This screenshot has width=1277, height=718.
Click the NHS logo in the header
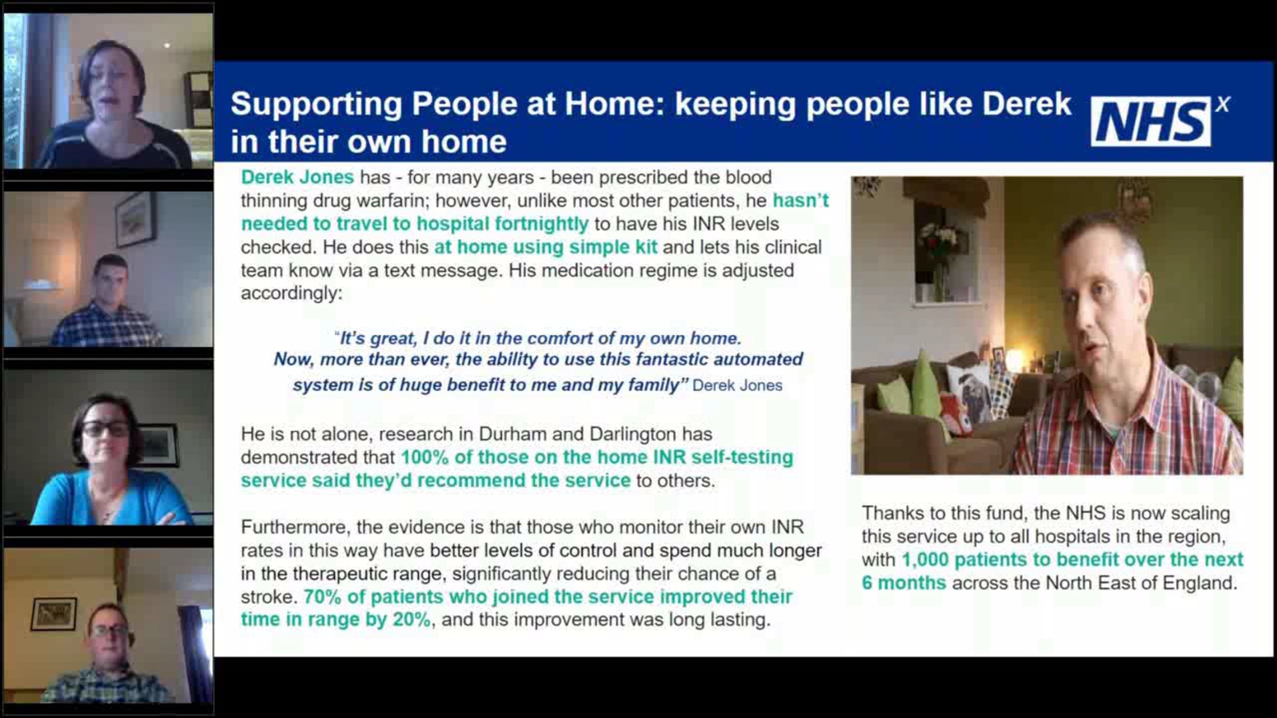(x=1160, y=121)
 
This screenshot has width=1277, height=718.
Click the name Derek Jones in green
(x=297, y=177)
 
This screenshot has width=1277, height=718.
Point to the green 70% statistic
(x=322, y=597)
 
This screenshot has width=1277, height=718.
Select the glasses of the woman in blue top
(x=105, y=429)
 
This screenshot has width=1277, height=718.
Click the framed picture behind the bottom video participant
(x=53, y=614)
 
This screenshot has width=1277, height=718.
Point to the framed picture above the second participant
(x=136, y=218)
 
